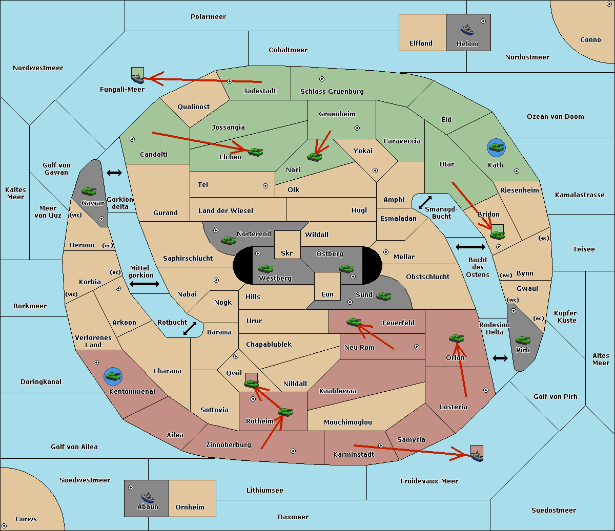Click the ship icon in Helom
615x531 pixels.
467,30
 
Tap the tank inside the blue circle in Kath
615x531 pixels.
496,147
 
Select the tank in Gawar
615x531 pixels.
89,191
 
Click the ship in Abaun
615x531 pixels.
148,497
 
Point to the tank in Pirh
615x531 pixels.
523,341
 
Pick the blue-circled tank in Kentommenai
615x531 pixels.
113,376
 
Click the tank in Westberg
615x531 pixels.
265,268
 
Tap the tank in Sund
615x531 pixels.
383,296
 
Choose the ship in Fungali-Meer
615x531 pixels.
137,78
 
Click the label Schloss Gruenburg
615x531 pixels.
332,91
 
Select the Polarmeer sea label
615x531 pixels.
208,17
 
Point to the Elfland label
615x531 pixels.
421,44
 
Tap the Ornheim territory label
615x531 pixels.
190,507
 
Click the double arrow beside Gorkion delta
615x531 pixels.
114,173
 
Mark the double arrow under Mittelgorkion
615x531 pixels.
145,284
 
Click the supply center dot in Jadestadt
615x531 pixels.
230,81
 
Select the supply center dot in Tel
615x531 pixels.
265,186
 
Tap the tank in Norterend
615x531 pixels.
228,241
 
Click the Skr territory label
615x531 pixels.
286,253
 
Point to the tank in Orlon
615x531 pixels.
456,338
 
